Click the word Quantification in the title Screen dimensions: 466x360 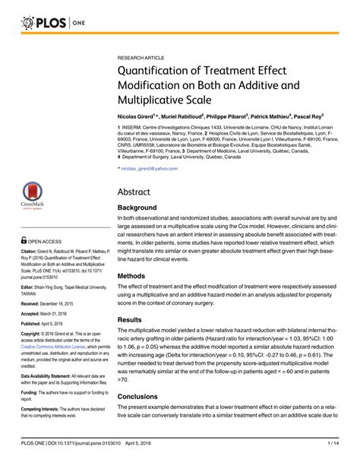157,72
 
